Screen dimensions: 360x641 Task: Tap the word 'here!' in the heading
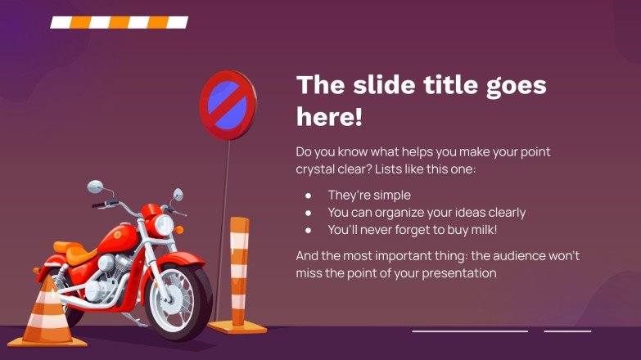tap(329, 117)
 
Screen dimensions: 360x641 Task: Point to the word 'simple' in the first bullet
tap(392, 195)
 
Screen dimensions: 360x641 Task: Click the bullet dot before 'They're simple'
tap(309, 196)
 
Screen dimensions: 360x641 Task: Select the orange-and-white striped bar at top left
tap(119, 22)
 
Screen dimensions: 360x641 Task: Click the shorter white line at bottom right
tap(567, 331)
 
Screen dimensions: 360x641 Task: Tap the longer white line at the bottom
tap(470, 331)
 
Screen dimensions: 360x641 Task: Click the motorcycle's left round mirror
tap(96, 187)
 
